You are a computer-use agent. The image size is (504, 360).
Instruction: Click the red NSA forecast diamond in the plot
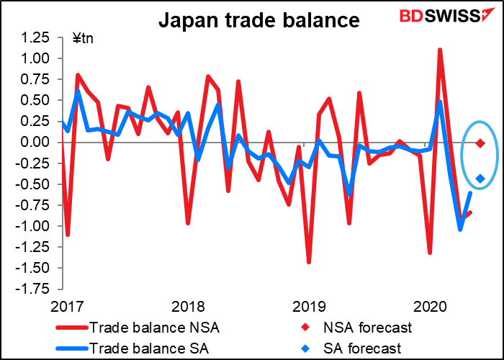click(480, 143)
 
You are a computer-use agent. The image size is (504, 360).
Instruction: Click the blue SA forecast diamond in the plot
click(480, 179)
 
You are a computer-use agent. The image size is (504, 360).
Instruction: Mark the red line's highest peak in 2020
click(440, 50)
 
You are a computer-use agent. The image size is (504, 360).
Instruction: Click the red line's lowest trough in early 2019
click(310, 262)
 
